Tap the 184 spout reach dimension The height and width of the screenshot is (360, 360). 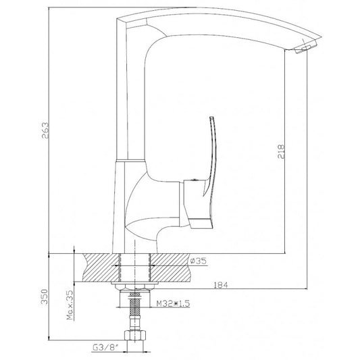pos(220,285)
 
